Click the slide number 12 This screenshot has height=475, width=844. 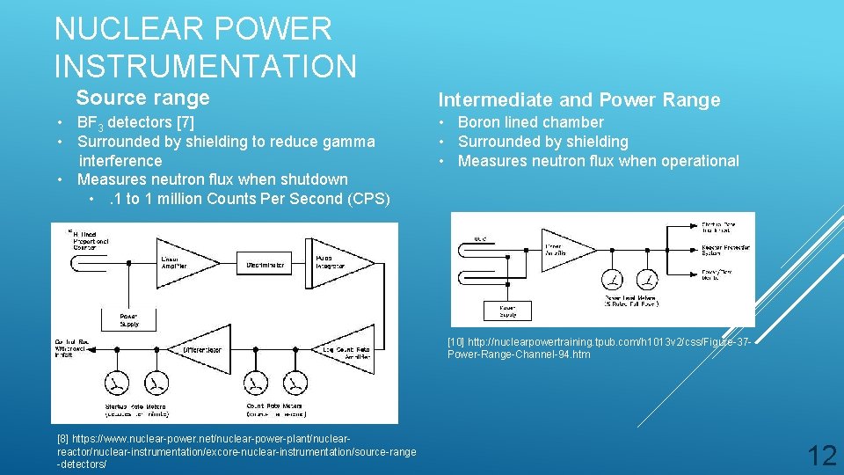[x=822, y=455]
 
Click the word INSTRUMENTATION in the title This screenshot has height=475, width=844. [x=206, y=66]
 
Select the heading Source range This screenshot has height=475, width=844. [x=142, y=98]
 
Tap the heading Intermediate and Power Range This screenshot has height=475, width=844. [x=579, y=100]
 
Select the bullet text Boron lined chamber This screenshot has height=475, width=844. [x=531, y=122]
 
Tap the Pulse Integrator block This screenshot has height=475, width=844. [x=338, y=261]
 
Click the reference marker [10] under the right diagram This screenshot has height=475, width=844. [x=456, y=341]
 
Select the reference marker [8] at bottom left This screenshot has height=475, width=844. [x=62, y=437]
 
